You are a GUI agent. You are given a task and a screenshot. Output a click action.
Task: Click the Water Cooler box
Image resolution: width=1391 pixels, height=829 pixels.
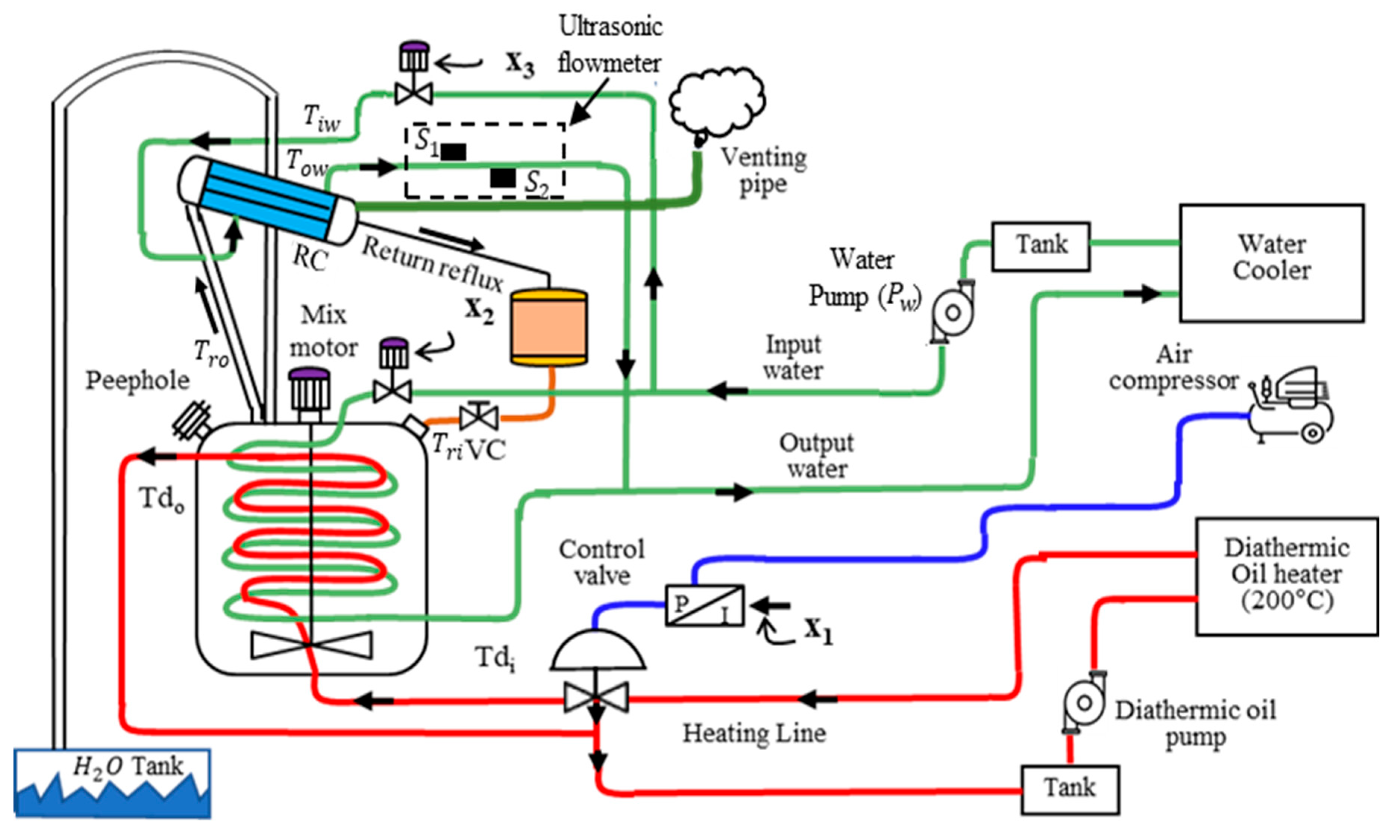tap(1271, 263)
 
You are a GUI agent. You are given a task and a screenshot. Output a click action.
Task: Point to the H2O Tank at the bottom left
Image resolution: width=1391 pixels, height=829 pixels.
tap(112, 782)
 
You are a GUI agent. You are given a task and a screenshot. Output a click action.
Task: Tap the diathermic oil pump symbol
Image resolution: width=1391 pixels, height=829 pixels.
tap(1084, 703)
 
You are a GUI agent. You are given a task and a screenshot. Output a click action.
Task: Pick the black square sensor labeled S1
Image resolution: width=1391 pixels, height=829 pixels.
tap(453, 151)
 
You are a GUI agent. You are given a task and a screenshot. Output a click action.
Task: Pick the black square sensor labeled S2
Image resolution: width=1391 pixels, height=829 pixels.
tap(503, 178)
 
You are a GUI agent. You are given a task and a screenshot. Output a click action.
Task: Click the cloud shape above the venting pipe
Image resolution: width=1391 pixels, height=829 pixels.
tap(717, 103)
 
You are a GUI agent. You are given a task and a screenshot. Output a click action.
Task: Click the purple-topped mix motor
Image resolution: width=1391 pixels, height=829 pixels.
tap(309, 391)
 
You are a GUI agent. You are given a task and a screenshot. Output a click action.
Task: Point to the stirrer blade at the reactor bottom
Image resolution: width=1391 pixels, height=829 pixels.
tap(311, 645)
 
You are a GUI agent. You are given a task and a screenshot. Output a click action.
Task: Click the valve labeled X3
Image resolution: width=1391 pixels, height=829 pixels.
tap(414, 92)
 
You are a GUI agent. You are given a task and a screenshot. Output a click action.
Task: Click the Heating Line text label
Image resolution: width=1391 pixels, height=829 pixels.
tap(754, 733)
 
